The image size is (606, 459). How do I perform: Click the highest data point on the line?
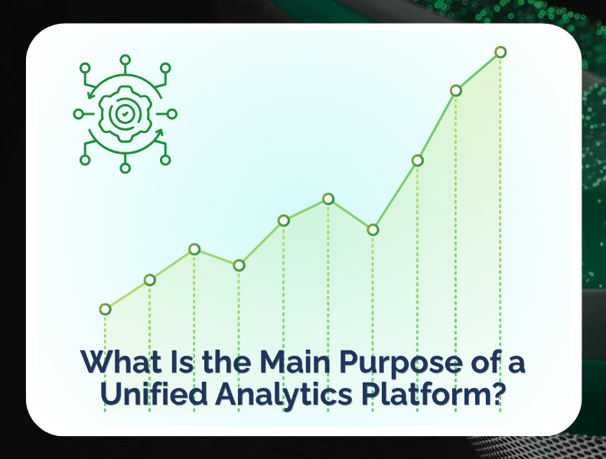(500, 52)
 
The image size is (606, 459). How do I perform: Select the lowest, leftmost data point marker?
(105, 309)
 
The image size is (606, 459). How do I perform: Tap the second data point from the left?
(150, 280)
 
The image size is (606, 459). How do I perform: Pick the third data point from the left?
(194, 249)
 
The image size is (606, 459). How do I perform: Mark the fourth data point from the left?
(239, 265)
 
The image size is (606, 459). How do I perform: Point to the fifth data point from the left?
(284, 220)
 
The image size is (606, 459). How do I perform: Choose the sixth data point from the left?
(328, 199)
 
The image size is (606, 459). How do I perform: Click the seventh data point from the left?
(373, 230)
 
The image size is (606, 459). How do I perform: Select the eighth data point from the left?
(418, 161)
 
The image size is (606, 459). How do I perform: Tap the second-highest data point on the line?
(456, 90)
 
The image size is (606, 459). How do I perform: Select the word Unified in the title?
(154, 393)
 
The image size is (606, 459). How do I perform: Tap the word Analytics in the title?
(284, 395)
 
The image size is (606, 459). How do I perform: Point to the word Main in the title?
(295, 361)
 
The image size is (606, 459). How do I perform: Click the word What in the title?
(121, 361)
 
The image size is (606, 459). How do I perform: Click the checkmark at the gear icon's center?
(125, 114)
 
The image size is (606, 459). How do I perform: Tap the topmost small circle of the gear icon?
(125, 60)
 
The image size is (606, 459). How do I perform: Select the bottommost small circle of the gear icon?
(125, 168)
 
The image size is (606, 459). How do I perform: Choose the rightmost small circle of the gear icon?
(172, 114)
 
